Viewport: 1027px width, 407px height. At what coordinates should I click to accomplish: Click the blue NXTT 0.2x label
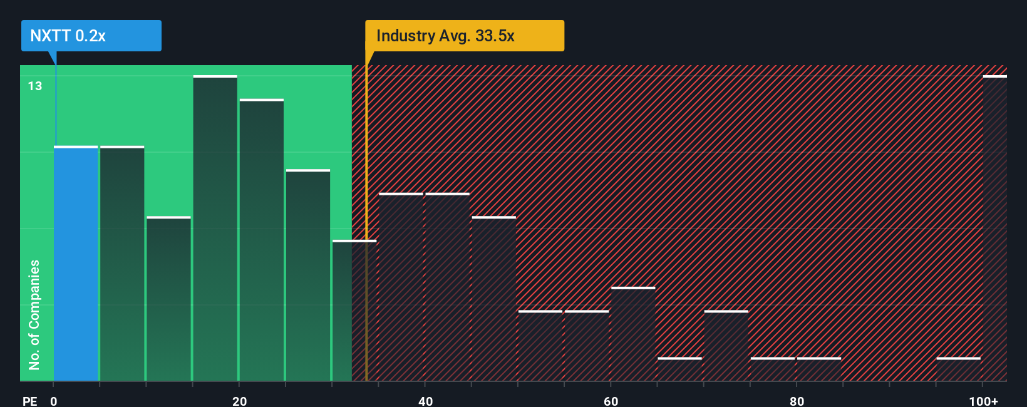tap(91, 36)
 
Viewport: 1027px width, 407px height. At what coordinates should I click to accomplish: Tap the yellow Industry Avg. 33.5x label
tap(464, 36)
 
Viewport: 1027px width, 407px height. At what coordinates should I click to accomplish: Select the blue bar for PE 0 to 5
tap(76, 263)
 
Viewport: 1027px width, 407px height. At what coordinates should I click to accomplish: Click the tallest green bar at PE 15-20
tap(215, 229)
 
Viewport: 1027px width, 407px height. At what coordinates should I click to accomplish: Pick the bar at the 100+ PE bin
tap(994, 229)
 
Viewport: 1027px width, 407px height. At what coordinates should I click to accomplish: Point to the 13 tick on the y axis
tap(35, 86)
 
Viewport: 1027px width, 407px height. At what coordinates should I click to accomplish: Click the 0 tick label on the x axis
tap(54, 401)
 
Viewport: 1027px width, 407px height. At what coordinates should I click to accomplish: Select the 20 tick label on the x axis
tap(239, 401)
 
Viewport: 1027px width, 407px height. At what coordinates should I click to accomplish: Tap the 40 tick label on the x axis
tap(425, 401)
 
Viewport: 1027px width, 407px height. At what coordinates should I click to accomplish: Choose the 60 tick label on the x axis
tap(611, 401)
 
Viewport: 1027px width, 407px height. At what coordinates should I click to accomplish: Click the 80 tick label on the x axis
tap(797, 401)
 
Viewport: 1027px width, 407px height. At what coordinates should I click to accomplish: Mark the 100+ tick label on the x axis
tap(983, 401)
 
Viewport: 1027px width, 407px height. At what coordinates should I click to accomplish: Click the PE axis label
tap(29, 401)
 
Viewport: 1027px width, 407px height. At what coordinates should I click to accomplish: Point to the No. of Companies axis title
tap(34, 314)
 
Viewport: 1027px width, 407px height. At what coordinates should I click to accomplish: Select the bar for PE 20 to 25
tap(261, 240)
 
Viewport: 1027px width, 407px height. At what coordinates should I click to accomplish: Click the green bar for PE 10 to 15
tap(168, 299)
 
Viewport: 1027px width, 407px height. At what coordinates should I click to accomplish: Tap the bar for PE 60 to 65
tap(633, 334)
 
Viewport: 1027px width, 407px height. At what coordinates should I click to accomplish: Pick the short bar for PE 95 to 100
tap(958, 369)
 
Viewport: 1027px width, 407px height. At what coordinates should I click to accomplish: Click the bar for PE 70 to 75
tap(726, 346)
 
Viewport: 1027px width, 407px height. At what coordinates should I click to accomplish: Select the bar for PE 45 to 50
tap(493, 299)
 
